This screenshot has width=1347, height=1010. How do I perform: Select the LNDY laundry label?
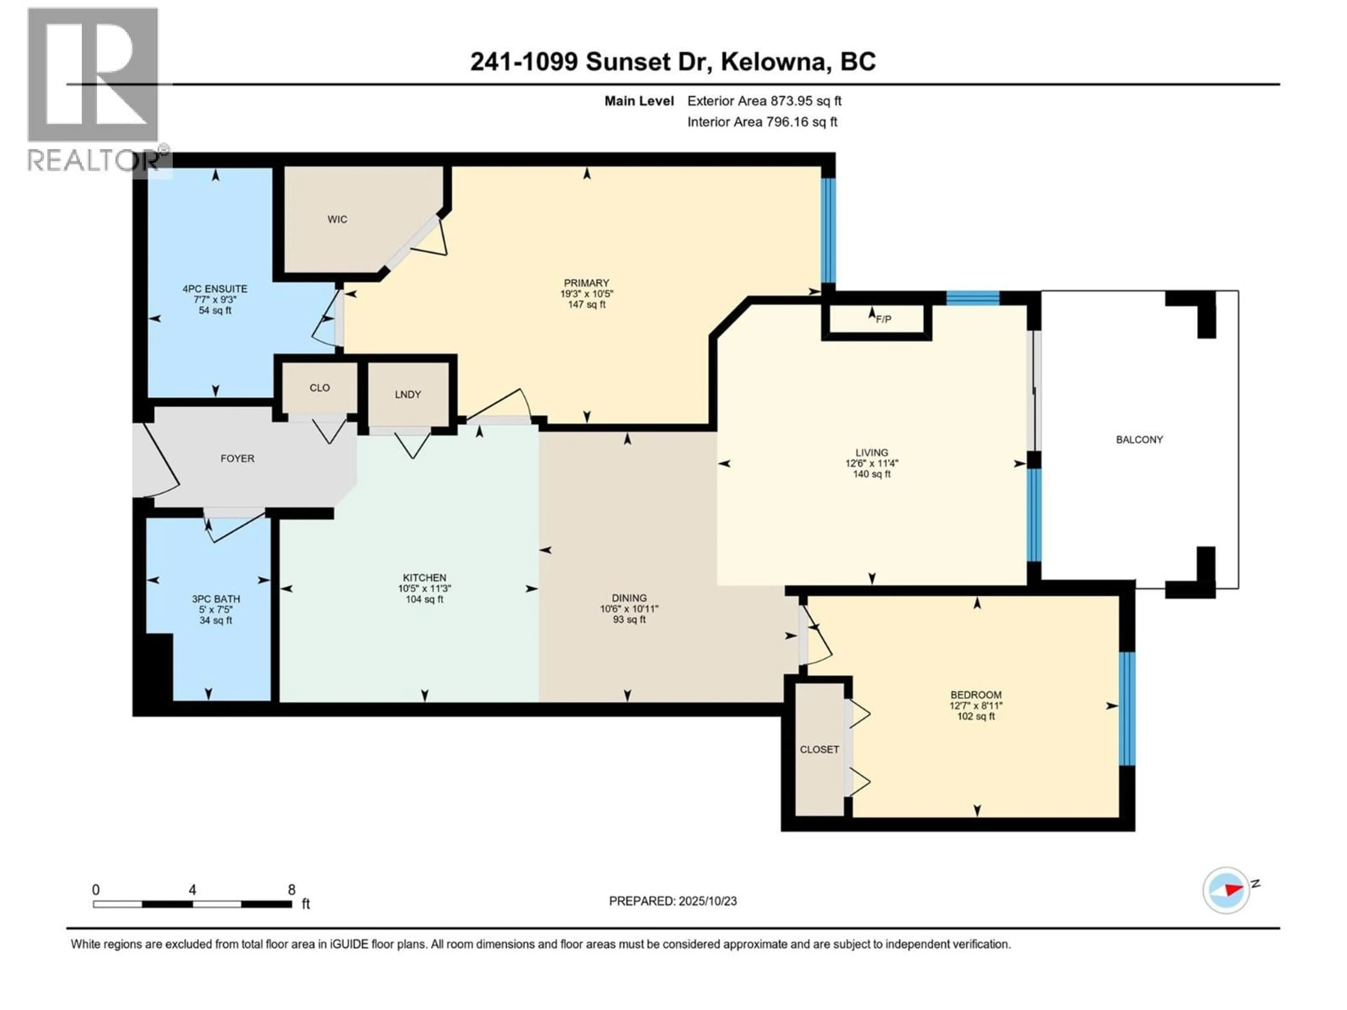pyautogui.click(x=407, y=395)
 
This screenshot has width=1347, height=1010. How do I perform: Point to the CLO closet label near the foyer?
pyautogui.click(x=319, y=388)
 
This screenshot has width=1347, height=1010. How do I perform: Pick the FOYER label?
pyautogui.click(x=237, y=458)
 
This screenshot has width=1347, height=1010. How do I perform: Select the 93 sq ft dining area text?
pyautogui.click(x=629, y=620)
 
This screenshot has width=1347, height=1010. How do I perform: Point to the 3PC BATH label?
pyautogui.click(x=216, y=599)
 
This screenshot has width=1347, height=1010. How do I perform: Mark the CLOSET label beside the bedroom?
pyautogui.click(x=819, y=749)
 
